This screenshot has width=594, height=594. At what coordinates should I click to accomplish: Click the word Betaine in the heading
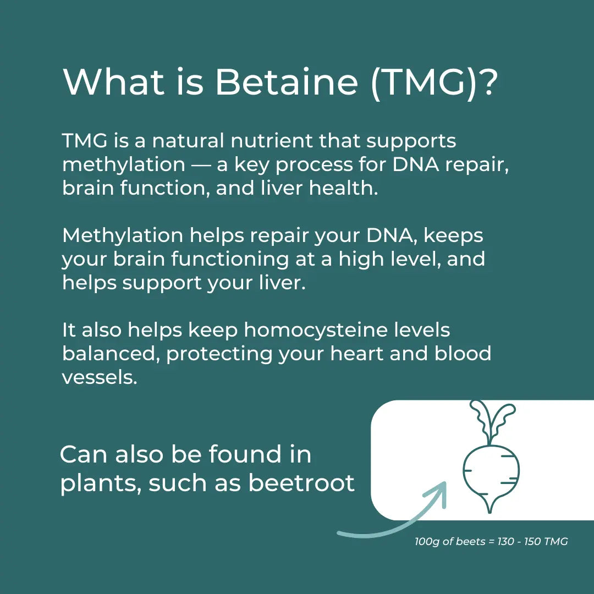tap(287, 82)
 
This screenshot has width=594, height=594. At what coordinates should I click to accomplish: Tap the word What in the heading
tap(113, 82)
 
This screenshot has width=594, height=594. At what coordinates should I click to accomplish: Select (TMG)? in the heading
tap(435, 82)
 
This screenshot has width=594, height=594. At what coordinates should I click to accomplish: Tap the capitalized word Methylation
tap(122, 235)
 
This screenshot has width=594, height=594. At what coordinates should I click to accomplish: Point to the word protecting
tap(219, 354)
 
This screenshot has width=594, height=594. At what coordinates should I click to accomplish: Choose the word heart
tap(357, 354)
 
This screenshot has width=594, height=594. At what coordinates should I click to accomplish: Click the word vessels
tap(99, 377)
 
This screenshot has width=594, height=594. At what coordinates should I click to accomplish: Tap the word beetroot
tap(301, 483)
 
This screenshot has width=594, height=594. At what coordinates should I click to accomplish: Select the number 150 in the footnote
tap(532, 542)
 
